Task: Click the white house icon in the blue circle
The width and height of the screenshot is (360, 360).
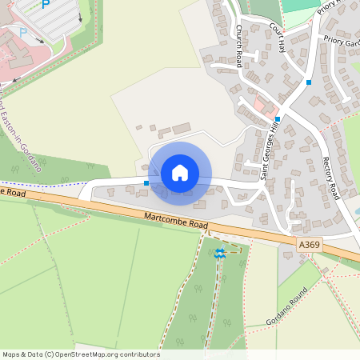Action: click(180, 172)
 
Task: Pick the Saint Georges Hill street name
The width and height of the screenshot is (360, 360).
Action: click(270, 149)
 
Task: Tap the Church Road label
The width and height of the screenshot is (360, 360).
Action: click(238, 46)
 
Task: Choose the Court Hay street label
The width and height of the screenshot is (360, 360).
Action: click(278, 34)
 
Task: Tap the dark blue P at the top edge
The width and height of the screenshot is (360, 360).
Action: click(46, 4)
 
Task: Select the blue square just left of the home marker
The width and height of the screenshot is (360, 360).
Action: click(146, 183)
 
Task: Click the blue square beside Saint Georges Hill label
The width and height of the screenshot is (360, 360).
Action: click(278, 119)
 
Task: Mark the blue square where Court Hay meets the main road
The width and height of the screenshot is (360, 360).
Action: click(308, 82)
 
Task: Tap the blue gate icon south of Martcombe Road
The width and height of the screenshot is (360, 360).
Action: click(219, 254)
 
